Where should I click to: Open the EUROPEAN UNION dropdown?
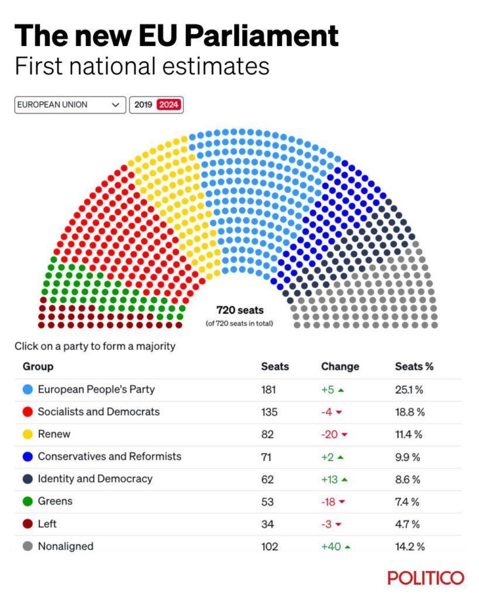pyautogui.click(x=70, y=105)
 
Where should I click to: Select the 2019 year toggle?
pyautogui.click(x=143, y=105)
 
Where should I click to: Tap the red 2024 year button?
pyautogui.click(x=169, y=105)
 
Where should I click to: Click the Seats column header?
pyautogui.click(x=275, y=367)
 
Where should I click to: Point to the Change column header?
pyautogui.click(x=340, y=367)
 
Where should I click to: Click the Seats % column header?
pyautogui.click(x=414, y=367)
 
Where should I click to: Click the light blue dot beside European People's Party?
pyautogui.click(x=27, y=390)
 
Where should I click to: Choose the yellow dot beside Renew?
pyautogui.click(x=27, y=434)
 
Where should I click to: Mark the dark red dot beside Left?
pyautogui.click(x=27, y=524)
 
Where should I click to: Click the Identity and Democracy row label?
pyautogui.click(x=95, y=479)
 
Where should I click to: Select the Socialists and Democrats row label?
pyautogui.click(x=98, y=412)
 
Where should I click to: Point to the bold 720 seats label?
pyautogui.click(x=240, y=311)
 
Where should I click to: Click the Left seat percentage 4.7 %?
pyautogui.click(x=408, y=524)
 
